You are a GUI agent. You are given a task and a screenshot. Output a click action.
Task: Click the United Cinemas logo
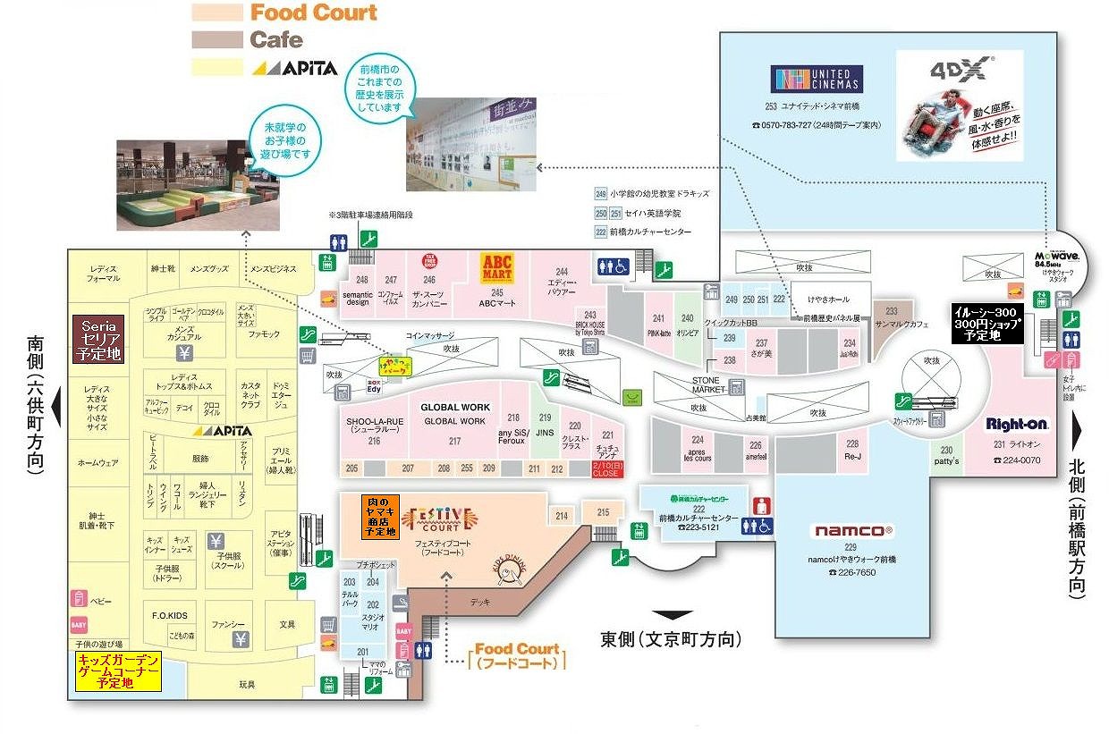coord(817,79)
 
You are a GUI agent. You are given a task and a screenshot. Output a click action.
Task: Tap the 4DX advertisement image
coord(959,105)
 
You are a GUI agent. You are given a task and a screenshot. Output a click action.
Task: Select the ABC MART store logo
coord(496,267)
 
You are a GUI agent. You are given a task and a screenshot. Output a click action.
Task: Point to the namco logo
coord(852,530)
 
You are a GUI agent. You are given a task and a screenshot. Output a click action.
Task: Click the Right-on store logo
coord(1017,424)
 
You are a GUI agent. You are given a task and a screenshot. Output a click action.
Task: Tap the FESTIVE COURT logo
coord(439,518)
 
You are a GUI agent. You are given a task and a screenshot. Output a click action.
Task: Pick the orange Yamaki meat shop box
coord(379,516)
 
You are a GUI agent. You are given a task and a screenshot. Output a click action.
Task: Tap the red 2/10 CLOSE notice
coord(605,468)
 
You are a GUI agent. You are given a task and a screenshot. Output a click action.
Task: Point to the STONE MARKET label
coord(712,385)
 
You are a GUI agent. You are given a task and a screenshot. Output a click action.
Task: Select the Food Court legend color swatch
coord(217,13)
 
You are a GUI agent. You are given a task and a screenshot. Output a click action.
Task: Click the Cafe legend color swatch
coord(217,39)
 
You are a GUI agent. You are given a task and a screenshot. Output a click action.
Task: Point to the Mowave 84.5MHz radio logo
coord(1055,257)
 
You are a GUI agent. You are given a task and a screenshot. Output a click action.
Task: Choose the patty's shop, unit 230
coord(947,456)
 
